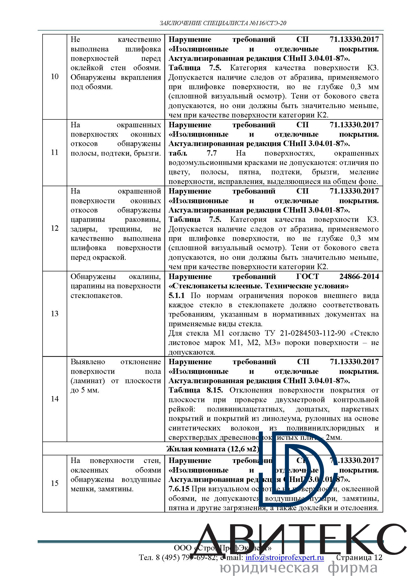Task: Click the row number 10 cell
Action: tap(55, 77)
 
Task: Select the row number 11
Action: tap(55, 152)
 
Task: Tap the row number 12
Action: tap(55, 228)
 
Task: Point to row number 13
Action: tap(55, 313)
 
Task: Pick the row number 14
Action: tap(55, 399)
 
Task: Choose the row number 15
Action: tap(55, 483)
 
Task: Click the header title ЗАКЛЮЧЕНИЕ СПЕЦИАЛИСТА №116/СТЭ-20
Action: tap(223, 23)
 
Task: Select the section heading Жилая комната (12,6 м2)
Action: tap(213, 449)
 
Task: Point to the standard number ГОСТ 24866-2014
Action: tap(337, 277)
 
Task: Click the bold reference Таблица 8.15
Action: tap(195, 390)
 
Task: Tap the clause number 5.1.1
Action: tap(176, 295)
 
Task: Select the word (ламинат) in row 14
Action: tap(87, 381)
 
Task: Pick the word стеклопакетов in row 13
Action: tap(96, 296)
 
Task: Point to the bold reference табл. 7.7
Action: tap(192, 153)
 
